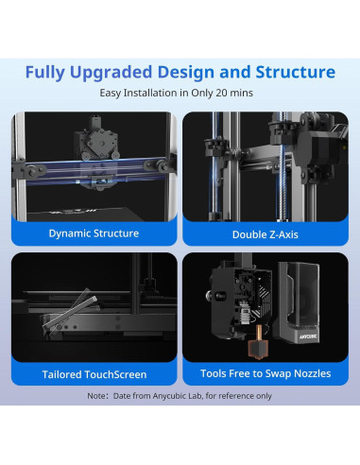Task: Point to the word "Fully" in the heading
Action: [x=47, y=72]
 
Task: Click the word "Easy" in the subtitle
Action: [x=114, y=94]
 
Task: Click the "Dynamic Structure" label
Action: [x=94, y=232]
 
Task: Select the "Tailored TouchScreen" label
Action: [x=94, y=374]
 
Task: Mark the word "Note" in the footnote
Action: [x=97, y=396]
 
